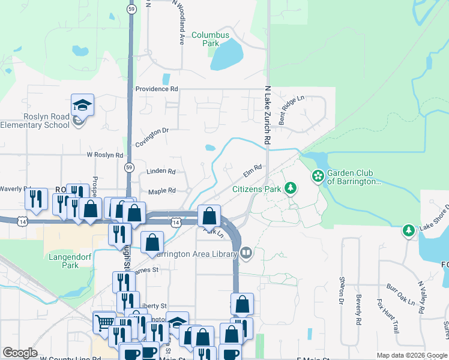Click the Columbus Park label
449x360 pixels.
(x=210, y=39)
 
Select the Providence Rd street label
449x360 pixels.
(x=157, y=89)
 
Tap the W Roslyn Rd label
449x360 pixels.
(x=104, y=154)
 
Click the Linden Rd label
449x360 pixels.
(x=161, y=172)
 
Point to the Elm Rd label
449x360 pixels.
(x=252, y=172)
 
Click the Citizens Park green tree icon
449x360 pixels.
(x=291, y=189)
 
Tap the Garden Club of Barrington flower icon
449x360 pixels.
(x=318, y=176)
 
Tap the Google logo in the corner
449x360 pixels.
(x=20, y=353)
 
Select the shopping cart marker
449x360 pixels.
(x=104, y=323)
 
